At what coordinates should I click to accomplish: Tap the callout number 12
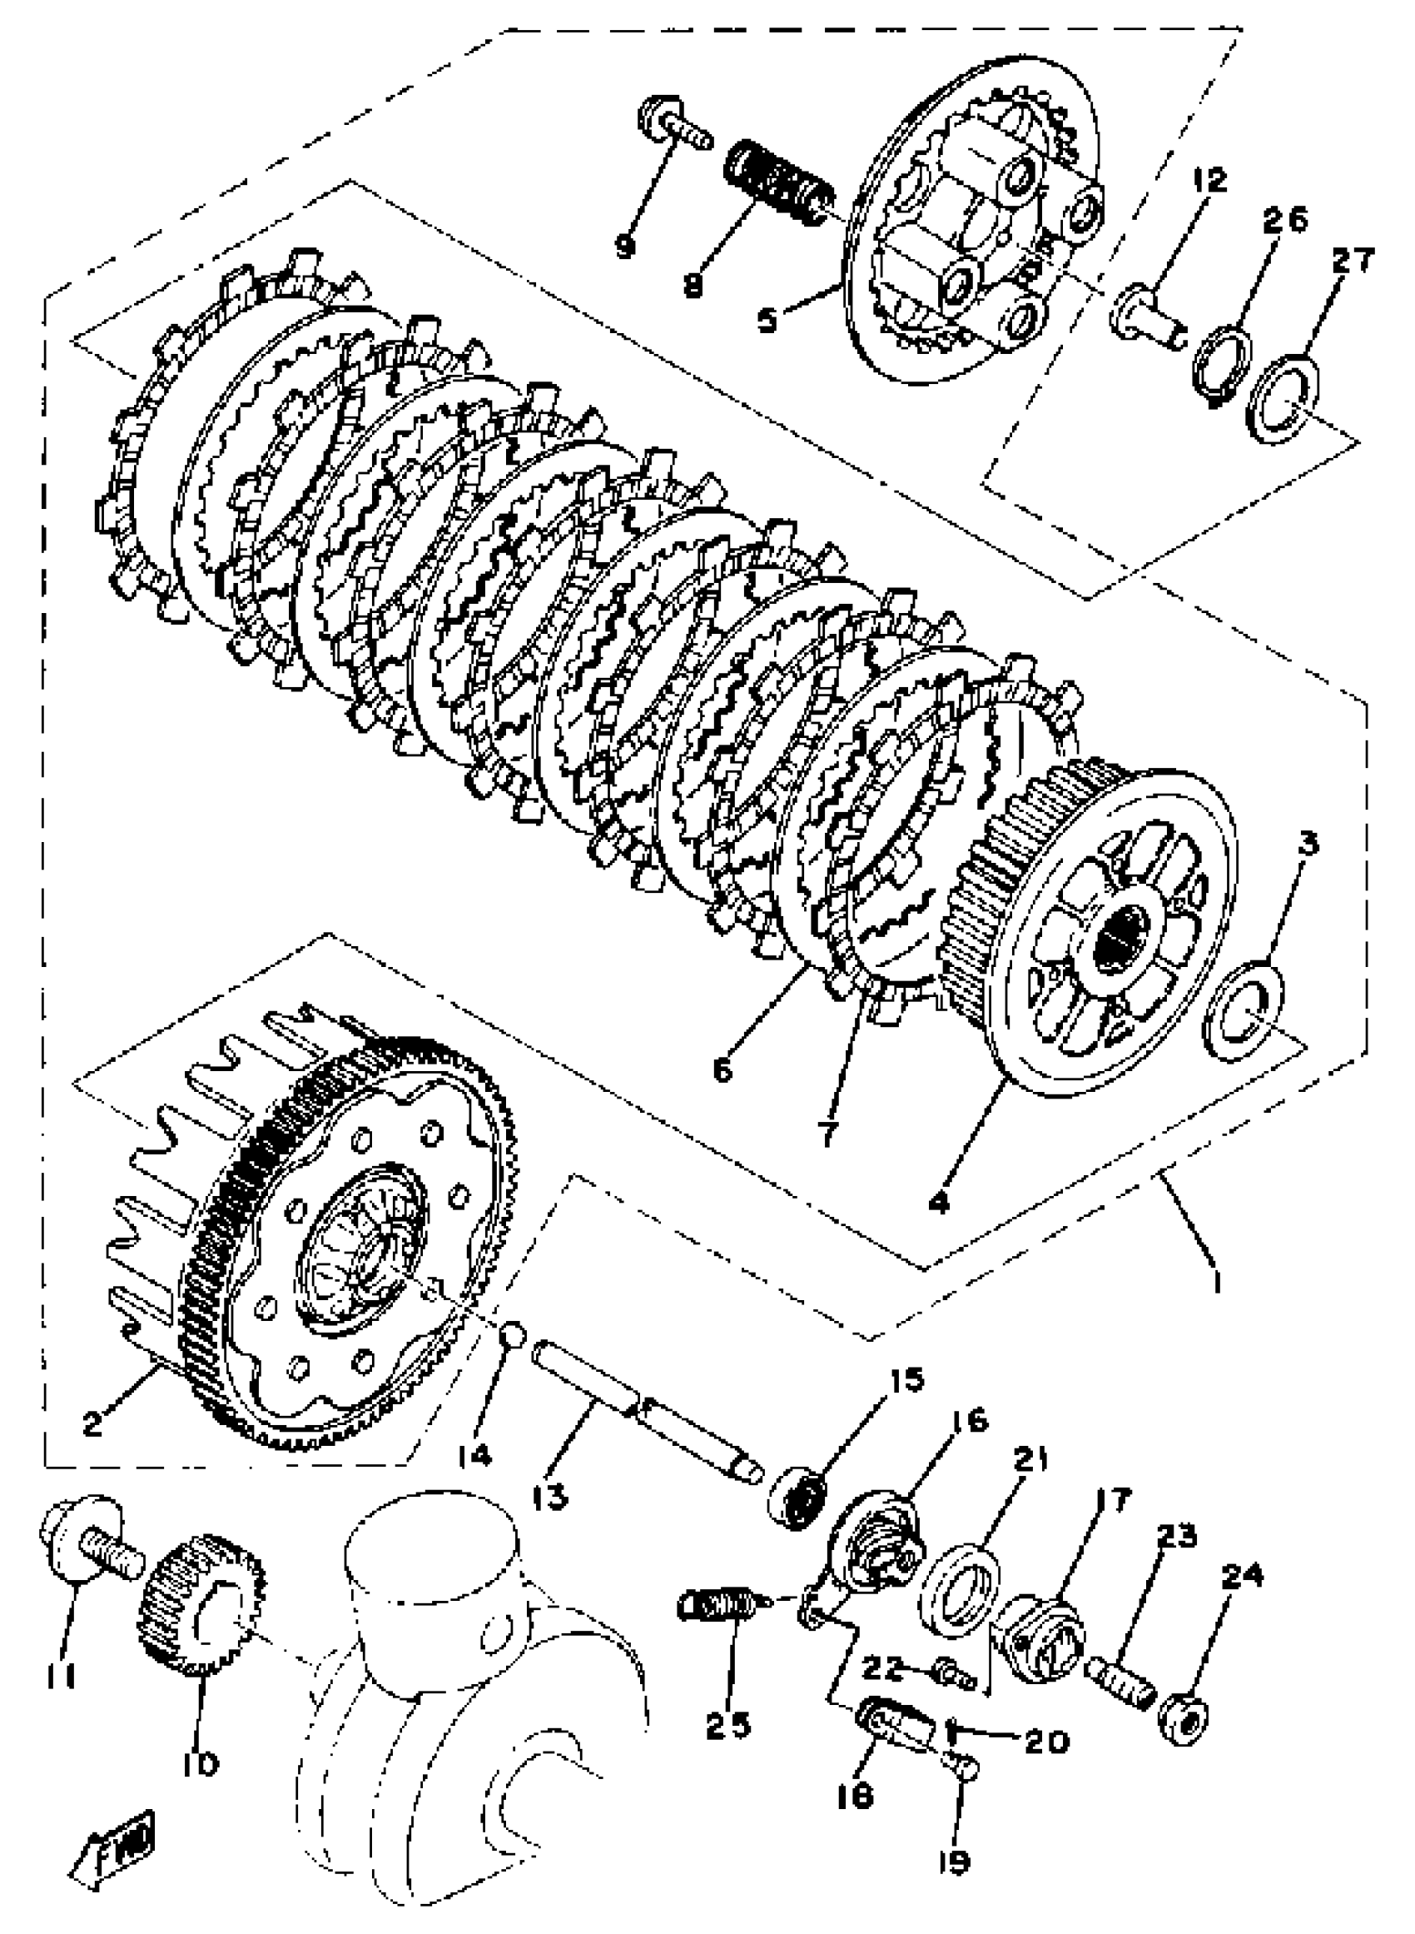tap(1208, 180)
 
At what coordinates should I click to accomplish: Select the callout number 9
tap(625, 247)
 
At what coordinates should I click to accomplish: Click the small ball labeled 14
tap(512, 1333)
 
